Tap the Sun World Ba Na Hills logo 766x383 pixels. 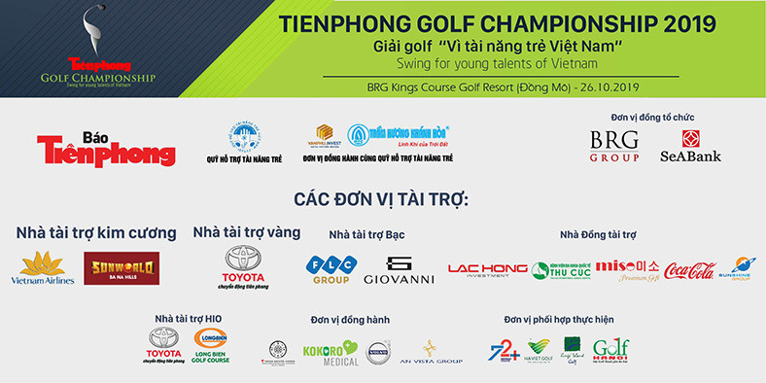[122, 268]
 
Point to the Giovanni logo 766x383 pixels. [399, 269]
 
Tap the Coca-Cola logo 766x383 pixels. [690, 270]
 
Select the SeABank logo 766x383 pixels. [690, 146]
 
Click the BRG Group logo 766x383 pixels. [615, 147]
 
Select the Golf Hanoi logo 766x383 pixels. [610, 350]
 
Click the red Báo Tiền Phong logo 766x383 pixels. [106, 148]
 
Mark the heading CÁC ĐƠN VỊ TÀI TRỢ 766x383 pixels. [381, 199]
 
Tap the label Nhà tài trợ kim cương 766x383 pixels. [96, 233]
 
